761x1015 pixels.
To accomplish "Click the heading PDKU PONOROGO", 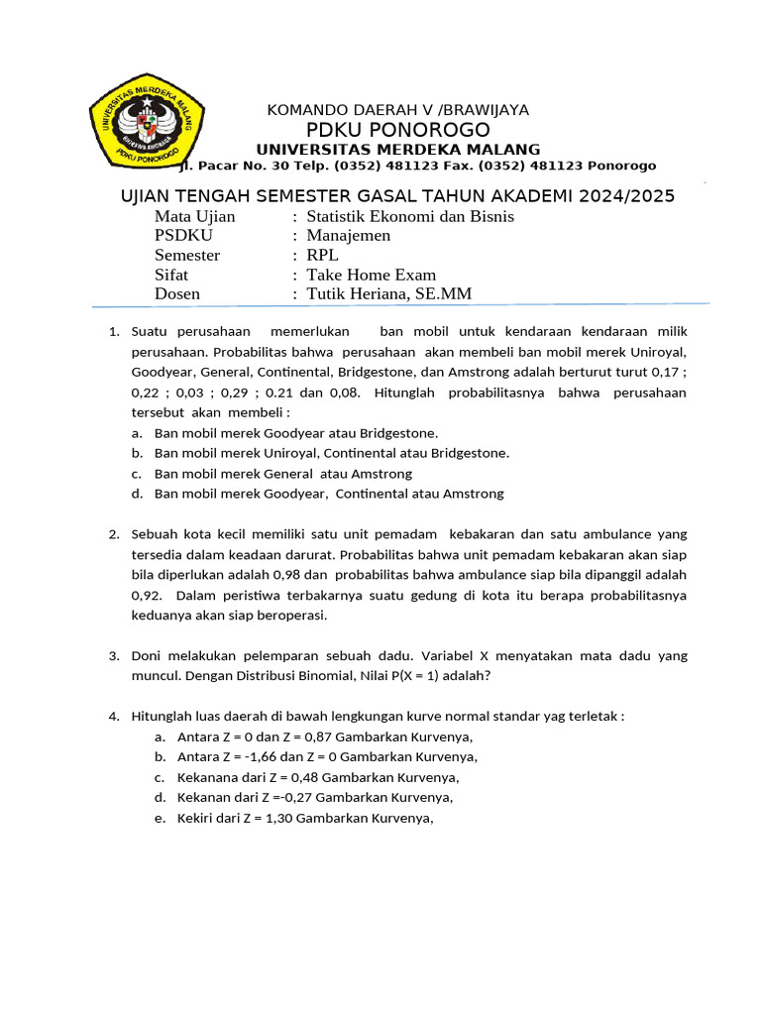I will click(398, 131).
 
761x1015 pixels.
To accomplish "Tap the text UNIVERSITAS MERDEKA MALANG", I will click(398, 150).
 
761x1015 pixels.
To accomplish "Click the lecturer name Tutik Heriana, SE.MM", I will click(389, 293).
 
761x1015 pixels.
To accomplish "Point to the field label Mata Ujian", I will click(195, 216).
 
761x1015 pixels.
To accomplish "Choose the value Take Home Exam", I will click(371, 275).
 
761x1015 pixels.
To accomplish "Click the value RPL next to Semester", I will click(322, 255).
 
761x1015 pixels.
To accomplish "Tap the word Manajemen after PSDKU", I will click(348, 236).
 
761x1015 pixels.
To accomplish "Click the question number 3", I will click(113, 656).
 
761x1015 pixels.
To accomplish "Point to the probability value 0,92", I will click(145, 595).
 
